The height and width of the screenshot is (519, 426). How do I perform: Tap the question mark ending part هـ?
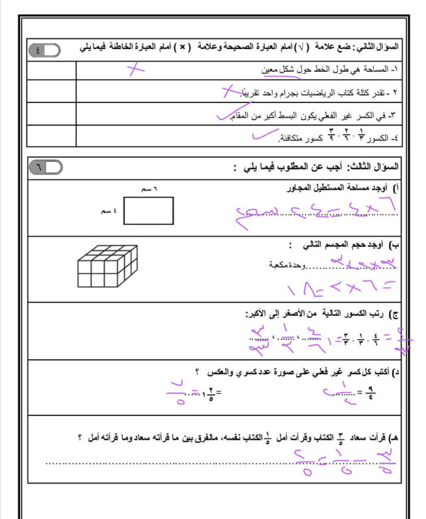click(80, 439)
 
